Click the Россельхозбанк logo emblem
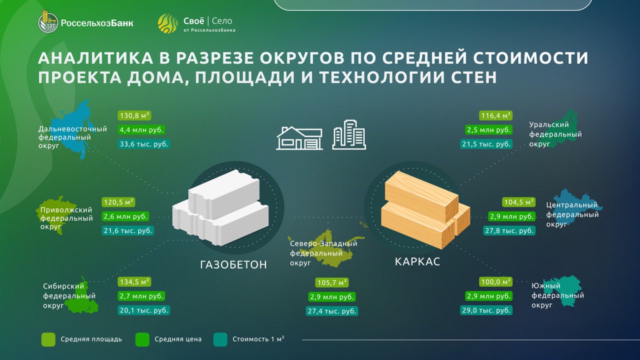coord(48,23)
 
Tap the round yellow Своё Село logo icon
coord(167,23)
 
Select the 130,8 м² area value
coord(134,115)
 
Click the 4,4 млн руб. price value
coord(141,130)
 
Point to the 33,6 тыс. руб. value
coord(144,144)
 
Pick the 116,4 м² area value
coord(495,115)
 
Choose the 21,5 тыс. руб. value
coord(486,144)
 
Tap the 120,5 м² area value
coord(118,202)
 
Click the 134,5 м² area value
coord(134,281)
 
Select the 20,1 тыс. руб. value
coord(144,310)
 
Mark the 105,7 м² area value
coord(332,282)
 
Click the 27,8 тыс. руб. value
coord(509,230)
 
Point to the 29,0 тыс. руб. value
coord(486,310)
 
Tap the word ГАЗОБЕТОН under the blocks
coord(233,265)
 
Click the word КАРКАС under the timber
coord(417,261)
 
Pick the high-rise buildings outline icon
coord(349,134)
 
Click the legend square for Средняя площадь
coord(48,339)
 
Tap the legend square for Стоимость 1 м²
coord(220,339)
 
